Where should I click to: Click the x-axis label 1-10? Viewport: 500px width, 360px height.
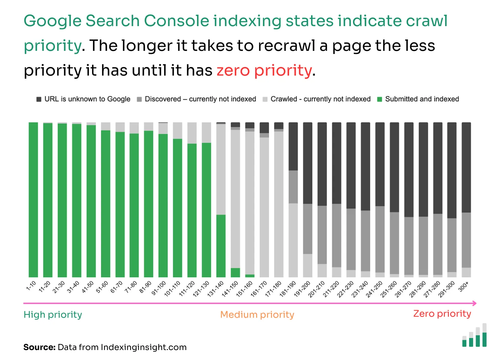pos(31,286)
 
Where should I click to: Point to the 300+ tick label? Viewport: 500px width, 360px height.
pos(464,286)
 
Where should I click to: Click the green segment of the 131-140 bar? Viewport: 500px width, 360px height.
pos(221,246)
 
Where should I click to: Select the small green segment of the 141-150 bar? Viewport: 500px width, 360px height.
pos(235,272)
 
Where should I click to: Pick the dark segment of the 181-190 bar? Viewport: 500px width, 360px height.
pos(293,146)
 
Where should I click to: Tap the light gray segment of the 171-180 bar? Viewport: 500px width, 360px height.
pos(279,204)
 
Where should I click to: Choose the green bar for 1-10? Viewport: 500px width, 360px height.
pos(33,199)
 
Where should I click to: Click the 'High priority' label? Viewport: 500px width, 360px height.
pos(53,315)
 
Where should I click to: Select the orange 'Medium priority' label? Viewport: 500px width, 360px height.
pos(257,315)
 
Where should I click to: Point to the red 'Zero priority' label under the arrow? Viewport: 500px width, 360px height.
pos(442,314)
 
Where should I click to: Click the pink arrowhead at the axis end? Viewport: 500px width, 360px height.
pos(474,303)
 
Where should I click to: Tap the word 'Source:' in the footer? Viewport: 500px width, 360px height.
pos(39,347)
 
